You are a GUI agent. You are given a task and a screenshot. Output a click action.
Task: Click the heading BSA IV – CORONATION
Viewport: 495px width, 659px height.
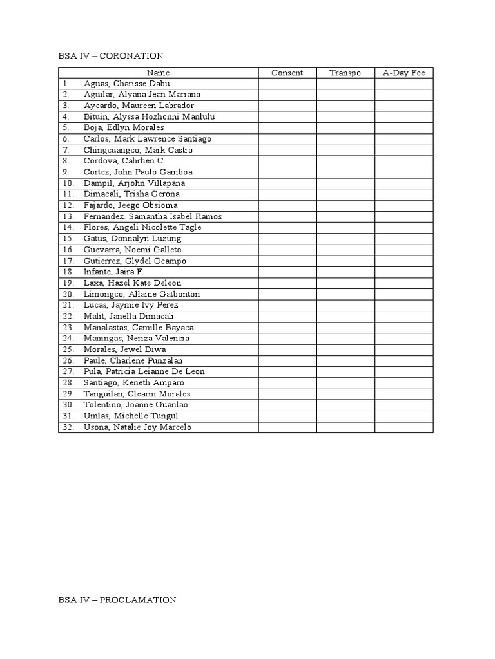coord(110,56)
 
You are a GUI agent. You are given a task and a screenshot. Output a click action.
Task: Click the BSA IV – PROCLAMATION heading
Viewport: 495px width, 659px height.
coord(117,600)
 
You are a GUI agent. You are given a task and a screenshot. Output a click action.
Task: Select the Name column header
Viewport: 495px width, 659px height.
coord(158,73)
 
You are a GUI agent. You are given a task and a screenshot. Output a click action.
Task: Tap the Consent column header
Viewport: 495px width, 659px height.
coord(287,73)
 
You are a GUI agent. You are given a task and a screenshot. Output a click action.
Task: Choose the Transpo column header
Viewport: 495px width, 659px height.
coord(345,73)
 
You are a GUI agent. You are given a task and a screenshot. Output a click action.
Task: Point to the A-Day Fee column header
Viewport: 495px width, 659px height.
coord(404,73)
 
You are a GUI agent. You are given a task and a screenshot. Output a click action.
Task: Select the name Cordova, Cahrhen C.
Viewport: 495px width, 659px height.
coord(124,161)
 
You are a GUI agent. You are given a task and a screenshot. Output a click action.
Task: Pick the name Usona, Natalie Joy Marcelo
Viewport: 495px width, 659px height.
coord(137,427)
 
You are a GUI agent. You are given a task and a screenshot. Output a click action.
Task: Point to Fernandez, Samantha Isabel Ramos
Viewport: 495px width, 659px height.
coord(153,216)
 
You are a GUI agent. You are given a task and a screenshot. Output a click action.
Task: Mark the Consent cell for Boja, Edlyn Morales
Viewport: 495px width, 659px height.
coord(287,128)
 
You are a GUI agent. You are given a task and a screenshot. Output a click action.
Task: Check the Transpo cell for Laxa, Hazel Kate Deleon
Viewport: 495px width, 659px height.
coord(345,283)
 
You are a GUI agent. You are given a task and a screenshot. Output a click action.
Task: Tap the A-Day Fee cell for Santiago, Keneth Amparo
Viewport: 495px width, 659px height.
coord(404,383)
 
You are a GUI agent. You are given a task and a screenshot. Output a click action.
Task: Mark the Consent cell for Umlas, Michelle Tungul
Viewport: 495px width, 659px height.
coord(287,416)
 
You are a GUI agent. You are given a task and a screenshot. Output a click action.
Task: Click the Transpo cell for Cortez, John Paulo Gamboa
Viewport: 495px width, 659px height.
coord(345,172)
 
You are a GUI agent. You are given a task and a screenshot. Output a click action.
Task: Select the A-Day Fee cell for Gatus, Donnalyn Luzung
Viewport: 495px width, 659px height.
coord(404,239)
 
